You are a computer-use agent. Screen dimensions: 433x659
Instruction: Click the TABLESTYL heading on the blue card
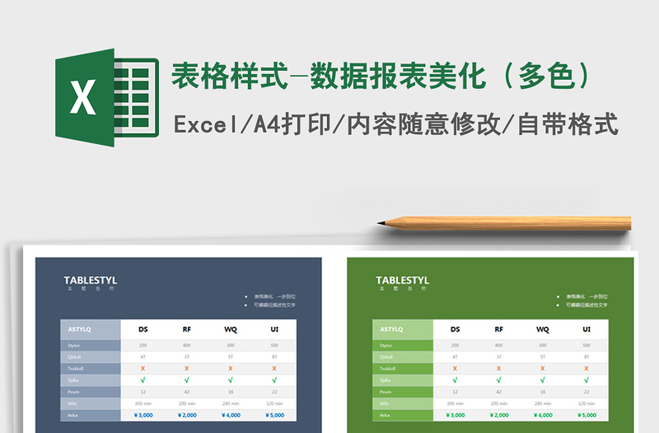pyautogui.click(x=91, y=281)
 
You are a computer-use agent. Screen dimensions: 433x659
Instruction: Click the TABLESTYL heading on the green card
pyautogui.click(x=403, y=281)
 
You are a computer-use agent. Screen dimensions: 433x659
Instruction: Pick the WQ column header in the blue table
pyautogui.click(x=231, y=329)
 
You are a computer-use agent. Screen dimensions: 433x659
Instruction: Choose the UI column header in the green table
pyautogui.click(x=587, y=329)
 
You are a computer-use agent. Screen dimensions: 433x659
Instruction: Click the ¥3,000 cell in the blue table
pyautogui.click(x=143, y=416)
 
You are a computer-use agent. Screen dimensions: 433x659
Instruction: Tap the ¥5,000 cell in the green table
pyautogui.click(x=587, y=416)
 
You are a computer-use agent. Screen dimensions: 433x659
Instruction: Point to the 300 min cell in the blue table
pyautogui.click(x=143, y=403)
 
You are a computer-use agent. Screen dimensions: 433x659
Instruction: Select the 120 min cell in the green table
pyautogui.click(x=587, y=403)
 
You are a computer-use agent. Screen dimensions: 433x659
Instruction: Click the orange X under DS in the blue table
pyautogui.click(x=143, y=369)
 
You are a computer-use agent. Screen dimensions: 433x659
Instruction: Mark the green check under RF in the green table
pyautogui.click(x=499, y=380)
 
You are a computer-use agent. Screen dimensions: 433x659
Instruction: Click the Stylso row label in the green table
pyautogui.click(x=386, y=346)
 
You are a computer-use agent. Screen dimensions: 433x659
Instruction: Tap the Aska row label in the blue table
pyautogui.click(x=73, y=416)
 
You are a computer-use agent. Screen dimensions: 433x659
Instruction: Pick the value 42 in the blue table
pyautogui.click(x=187, y=392)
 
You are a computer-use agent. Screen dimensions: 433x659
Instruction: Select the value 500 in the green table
pyautogui.click(x=587, y=346)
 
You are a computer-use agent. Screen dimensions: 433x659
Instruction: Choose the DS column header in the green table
pyautogui.click(x=456, y=329)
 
